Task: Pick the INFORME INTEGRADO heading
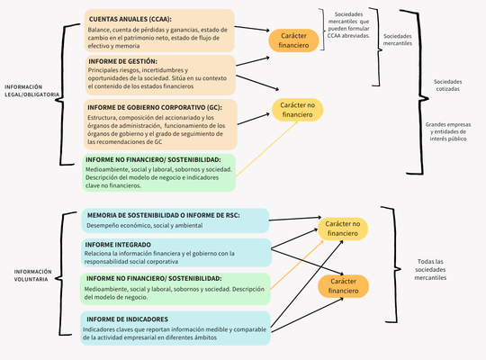pos(119,244)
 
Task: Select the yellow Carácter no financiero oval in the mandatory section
pos(297,110)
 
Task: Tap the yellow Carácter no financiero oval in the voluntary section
pos(343,228)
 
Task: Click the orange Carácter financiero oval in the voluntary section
pos(343,286)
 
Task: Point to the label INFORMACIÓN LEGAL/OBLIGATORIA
pos(32,90)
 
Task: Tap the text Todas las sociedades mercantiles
pos(443,269)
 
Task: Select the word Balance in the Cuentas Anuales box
pos(100,28)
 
